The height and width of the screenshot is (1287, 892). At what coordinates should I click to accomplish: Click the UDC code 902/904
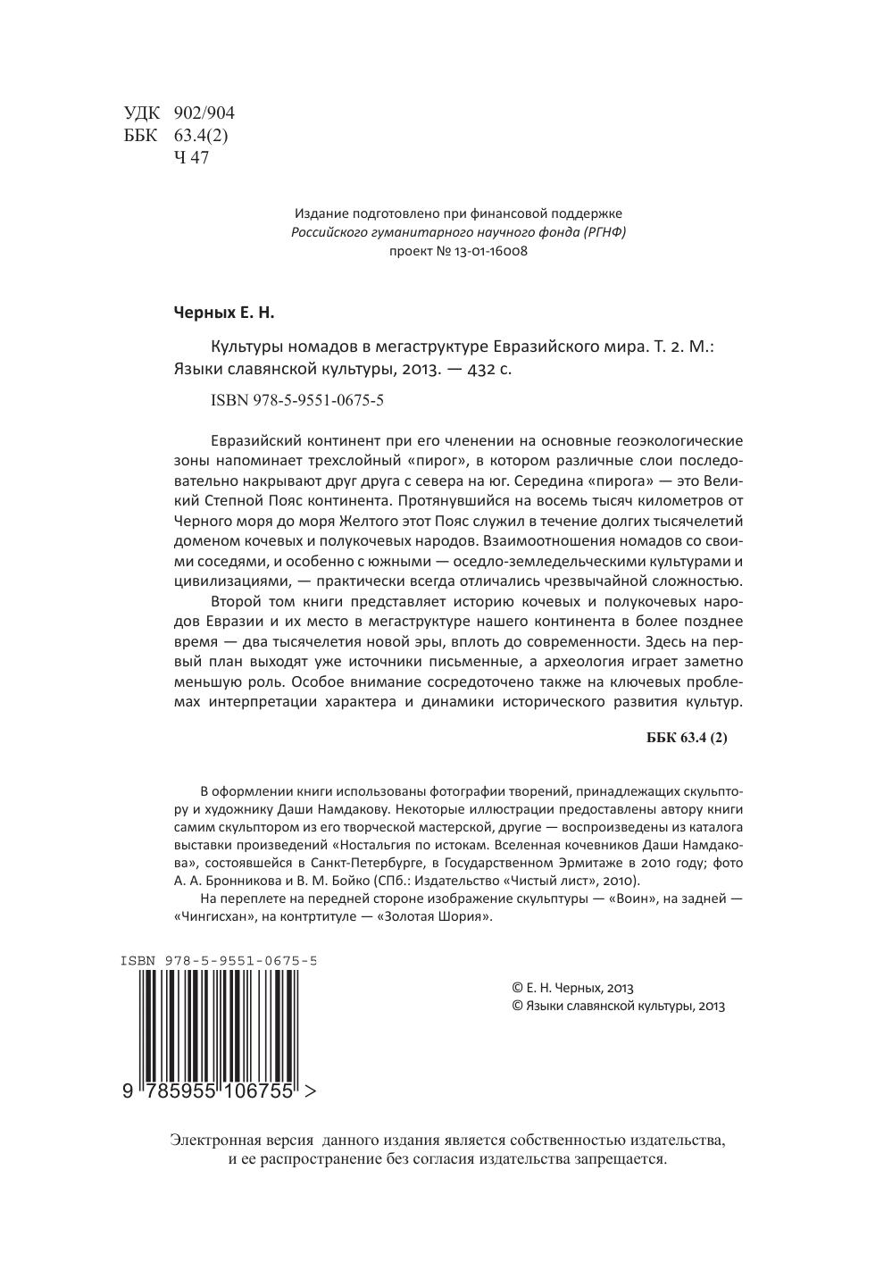tap(204, 113)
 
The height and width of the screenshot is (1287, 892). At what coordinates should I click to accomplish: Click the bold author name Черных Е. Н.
tap(224, 313)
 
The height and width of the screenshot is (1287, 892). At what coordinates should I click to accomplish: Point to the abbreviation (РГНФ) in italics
tap(603, 232)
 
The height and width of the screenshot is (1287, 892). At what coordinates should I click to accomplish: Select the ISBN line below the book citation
tap(297, 400)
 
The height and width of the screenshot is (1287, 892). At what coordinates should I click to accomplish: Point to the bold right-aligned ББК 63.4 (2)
tap(686, 738)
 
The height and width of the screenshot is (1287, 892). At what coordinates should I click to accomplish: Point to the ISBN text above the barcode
tap(218, 961)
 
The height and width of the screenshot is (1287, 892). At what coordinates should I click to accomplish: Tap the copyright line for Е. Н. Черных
tap(572, 988)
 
